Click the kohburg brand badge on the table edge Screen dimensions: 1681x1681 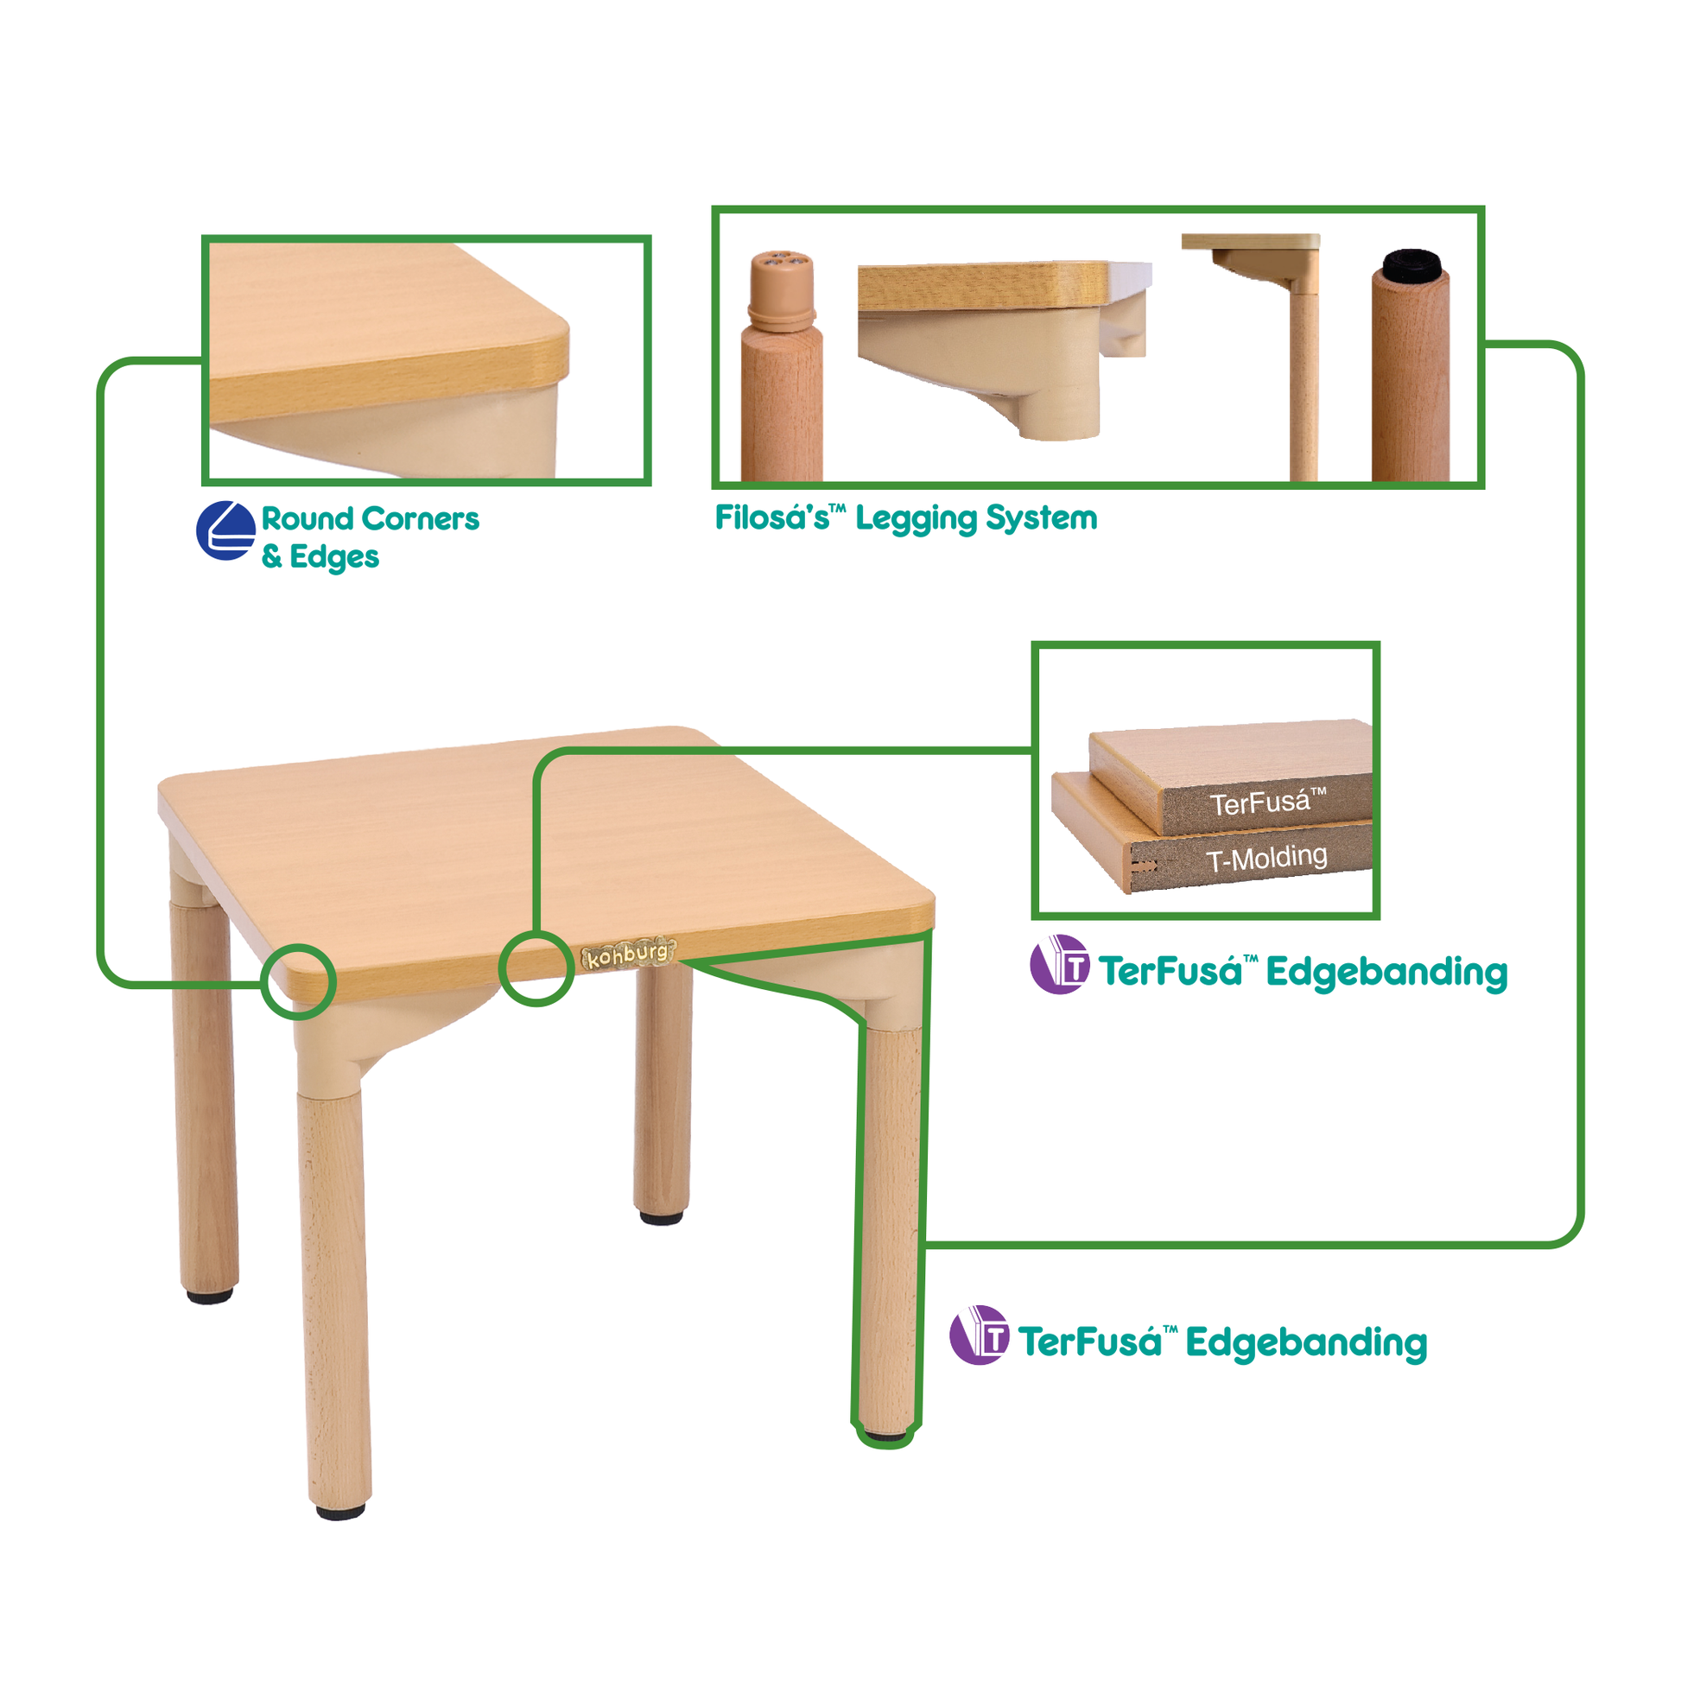[628, 954]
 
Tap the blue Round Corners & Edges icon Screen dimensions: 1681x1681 [226, 530]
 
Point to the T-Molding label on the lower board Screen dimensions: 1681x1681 [1267, 860]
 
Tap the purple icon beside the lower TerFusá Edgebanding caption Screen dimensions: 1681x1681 [979, 1335]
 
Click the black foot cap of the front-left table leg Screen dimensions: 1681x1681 [340, 1513]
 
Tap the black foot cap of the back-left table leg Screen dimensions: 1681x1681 [210, 1297]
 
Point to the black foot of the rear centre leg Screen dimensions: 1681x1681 [662, 1218]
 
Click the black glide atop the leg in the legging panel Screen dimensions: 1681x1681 [1411, 263]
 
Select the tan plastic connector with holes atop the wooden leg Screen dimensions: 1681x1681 [783, 291]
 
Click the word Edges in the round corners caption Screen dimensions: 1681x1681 [334, 558]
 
